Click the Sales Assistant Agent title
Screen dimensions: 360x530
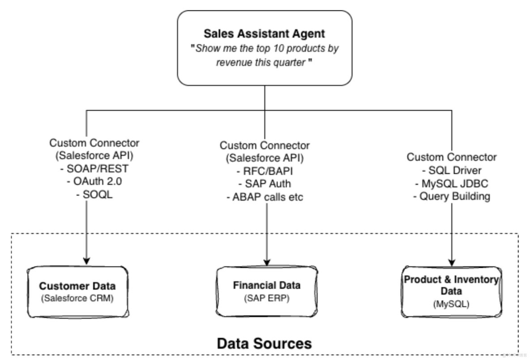pyautogui.click(x=265, y=34)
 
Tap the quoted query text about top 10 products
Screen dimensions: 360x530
pyautogui.click(x=265, y=55)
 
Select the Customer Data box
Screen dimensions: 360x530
pyautogui.click(x=77, y=291)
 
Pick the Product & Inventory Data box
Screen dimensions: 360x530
pyautogui.click(x=451, y=291)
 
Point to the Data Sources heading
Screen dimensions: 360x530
pyautogui.click(x=264, y=343)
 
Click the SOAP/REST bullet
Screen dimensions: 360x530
pyautogui.click(x=94, y=168)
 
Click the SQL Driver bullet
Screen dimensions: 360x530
pyautogui.click(x=451, y=170)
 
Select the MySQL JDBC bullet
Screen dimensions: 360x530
pyautogui.click(x=451, y=183)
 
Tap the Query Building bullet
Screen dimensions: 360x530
pyautogui.click(x=451, y=196)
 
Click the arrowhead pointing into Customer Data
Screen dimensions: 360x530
pyautogui.click(x=86, y=260)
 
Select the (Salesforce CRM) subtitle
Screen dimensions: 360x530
pyautogui.click(x=77, y=298)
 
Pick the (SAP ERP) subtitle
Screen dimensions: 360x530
pyautogui.click(x=267, y=297)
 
